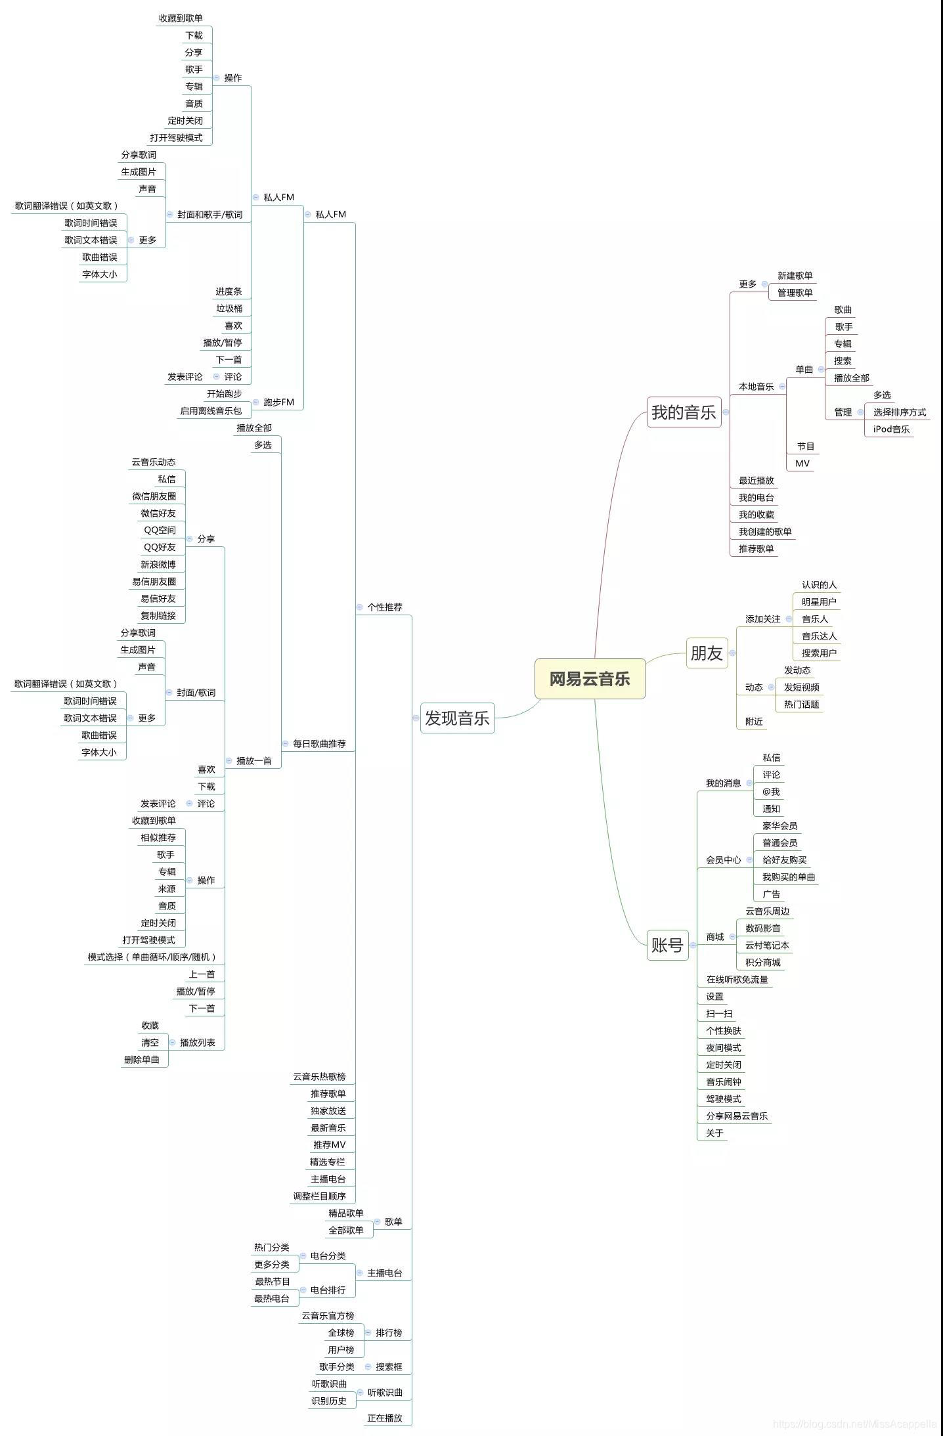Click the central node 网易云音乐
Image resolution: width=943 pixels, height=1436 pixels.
point(590,679)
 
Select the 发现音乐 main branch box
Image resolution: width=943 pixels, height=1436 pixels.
point(457,718)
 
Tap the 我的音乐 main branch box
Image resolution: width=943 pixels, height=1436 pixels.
point(684,412)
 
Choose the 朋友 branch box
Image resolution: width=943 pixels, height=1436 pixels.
point(707,653)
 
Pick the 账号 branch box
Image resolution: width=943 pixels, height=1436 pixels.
point(667,945)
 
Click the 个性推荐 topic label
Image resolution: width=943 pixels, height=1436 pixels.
point(385,607)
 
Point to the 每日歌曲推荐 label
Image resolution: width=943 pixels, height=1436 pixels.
point(319,744)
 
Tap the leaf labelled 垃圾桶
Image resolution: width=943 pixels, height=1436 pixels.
point(229,309)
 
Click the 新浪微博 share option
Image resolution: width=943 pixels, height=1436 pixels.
point(158,565)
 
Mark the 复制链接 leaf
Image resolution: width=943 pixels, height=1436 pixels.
point(158,616)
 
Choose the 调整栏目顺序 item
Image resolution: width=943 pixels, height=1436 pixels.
point(319,1196)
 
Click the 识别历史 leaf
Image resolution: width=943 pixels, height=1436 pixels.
point(329,1401)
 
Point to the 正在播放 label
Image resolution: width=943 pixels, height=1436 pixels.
point(385,1418)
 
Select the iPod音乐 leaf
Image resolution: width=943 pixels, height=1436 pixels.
point(891,429)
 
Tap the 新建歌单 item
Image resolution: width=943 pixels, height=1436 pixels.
point(795,276)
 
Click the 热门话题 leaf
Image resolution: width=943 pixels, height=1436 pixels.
point(802,705)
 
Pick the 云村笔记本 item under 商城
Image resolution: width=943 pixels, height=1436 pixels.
point(767,946)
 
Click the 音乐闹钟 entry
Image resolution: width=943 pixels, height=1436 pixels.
point(724,1082)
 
